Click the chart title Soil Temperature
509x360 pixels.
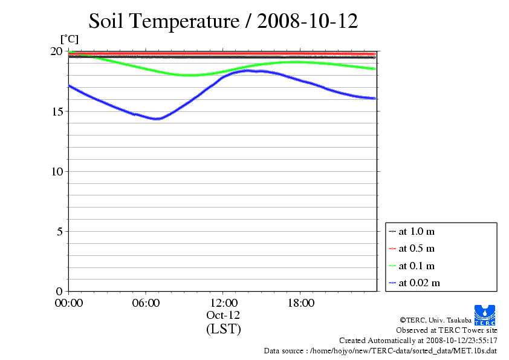pyautogui.click(x=223, y=21)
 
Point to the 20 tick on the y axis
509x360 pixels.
pyautogui.click(x=56, y=51)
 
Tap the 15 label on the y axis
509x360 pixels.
pyautogui.click(x=56, y=111)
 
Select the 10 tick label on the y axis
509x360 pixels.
pyautogui.click(x=56, y=171)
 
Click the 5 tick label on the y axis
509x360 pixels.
pyautogui.click(x=59, y=231)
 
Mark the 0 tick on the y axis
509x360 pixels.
pyautogui.click(x=59, y=291)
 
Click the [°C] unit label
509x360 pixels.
pyautogui.click(x=68, y=39)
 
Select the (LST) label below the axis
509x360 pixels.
pyautogui.click(x=223, y=330)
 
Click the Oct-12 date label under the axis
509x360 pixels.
pyautogui.click(x=223, y=315)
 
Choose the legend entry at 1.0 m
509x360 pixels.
pyautogui.click(x=416, y=231)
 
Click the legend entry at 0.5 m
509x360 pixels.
pyautogui.click(x=416, y=248)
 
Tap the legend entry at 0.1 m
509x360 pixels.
pyautogui.click(x=416, y=266)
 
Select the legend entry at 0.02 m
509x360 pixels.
pyautogui.click(x=418, y=283)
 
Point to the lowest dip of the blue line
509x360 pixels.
pyautogui.click(x=157, y=119)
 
